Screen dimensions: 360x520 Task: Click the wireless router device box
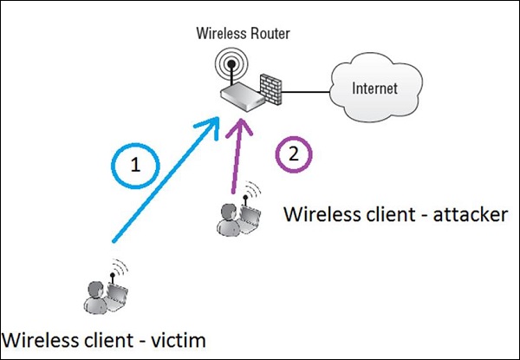pos(242,101)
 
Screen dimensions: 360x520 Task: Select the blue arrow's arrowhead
pos(211,128)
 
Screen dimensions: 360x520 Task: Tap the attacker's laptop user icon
pos(237,213)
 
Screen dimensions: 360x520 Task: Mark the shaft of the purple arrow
pos(233,169)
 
